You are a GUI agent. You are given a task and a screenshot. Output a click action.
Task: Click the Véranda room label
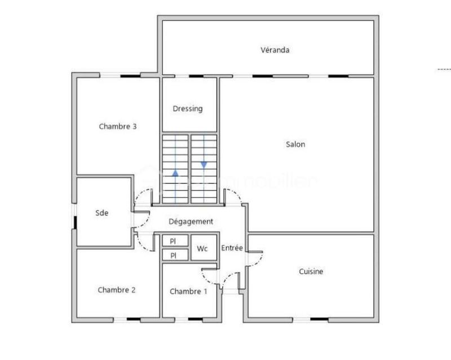tap(275, 50)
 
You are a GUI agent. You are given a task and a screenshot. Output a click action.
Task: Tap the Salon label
tap(295, 144)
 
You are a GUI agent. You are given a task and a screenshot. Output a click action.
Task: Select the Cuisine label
tap(311, 271)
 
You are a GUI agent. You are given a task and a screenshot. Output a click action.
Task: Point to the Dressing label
tap(188, 108)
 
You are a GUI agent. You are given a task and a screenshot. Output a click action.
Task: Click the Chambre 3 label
tap(118, 126)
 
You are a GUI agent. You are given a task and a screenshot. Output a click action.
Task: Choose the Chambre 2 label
tap(117, 290)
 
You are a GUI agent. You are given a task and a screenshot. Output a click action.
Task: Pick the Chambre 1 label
tap(188, 291)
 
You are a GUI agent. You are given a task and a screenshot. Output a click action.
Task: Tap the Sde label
tap(101, 213)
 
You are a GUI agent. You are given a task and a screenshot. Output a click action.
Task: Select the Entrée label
tap(232, 248)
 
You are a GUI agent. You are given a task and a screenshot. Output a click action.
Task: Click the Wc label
tap(202, 248)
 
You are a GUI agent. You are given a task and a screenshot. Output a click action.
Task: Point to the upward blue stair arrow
tap(175, 174)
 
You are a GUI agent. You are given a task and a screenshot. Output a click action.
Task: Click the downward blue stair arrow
tap(204, 165)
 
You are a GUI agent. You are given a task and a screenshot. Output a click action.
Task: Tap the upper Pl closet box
tap(175, 241)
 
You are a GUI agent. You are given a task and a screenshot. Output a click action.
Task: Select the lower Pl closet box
tap(175, 255)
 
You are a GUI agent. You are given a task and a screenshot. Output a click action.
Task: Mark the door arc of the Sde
tap(142, 221)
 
